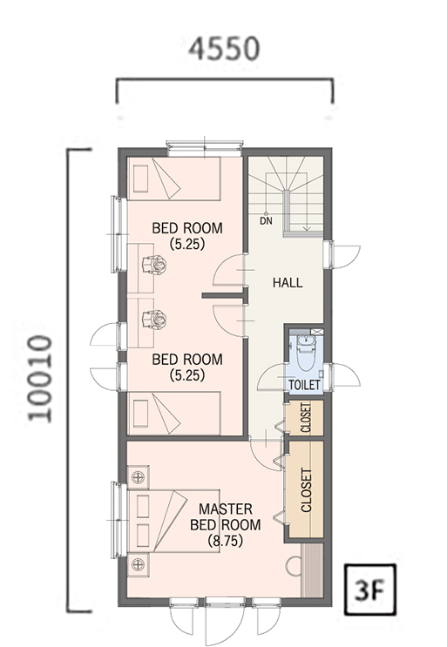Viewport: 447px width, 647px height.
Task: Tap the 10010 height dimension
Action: tap(40, 379)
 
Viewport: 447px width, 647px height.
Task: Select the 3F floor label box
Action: tap(369, 590)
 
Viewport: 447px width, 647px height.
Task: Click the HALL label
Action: tap(288, 283)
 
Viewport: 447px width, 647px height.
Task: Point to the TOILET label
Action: tap(305, 385)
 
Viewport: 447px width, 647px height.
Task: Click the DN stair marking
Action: tap(267, 221)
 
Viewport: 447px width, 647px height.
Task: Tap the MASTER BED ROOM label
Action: tap(226, 516)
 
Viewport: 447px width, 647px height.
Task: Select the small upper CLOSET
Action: tap(306, 417)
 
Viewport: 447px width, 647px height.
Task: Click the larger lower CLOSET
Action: tap(306, 489)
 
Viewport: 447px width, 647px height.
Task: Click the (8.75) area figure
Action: tap(226, 541)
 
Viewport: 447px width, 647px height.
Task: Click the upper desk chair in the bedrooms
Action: tap(154, 265)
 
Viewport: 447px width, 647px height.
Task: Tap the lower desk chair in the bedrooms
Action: tap(154, 319)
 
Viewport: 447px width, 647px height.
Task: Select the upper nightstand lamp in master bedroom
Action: tap(138, 477)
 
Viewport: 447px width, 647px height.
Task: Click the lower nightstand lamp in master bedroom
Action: tap(138, 564)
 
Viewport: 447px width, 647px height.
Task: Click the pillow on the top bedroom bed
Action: tap(140, 179)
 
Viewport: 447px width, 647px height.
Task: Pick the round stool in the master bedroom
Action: tap(295, 566)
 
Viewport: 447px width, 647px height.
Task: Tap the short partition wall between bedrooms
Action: tap(222, 295)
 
